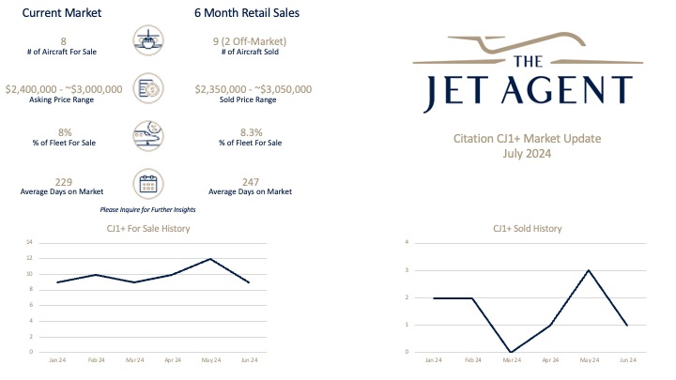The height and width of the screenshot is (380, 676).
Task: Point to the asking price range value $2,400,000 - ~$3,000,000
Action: click(64, 89)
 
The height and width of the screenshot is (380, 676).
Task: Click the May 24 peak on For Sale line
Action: click(210, 259)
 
